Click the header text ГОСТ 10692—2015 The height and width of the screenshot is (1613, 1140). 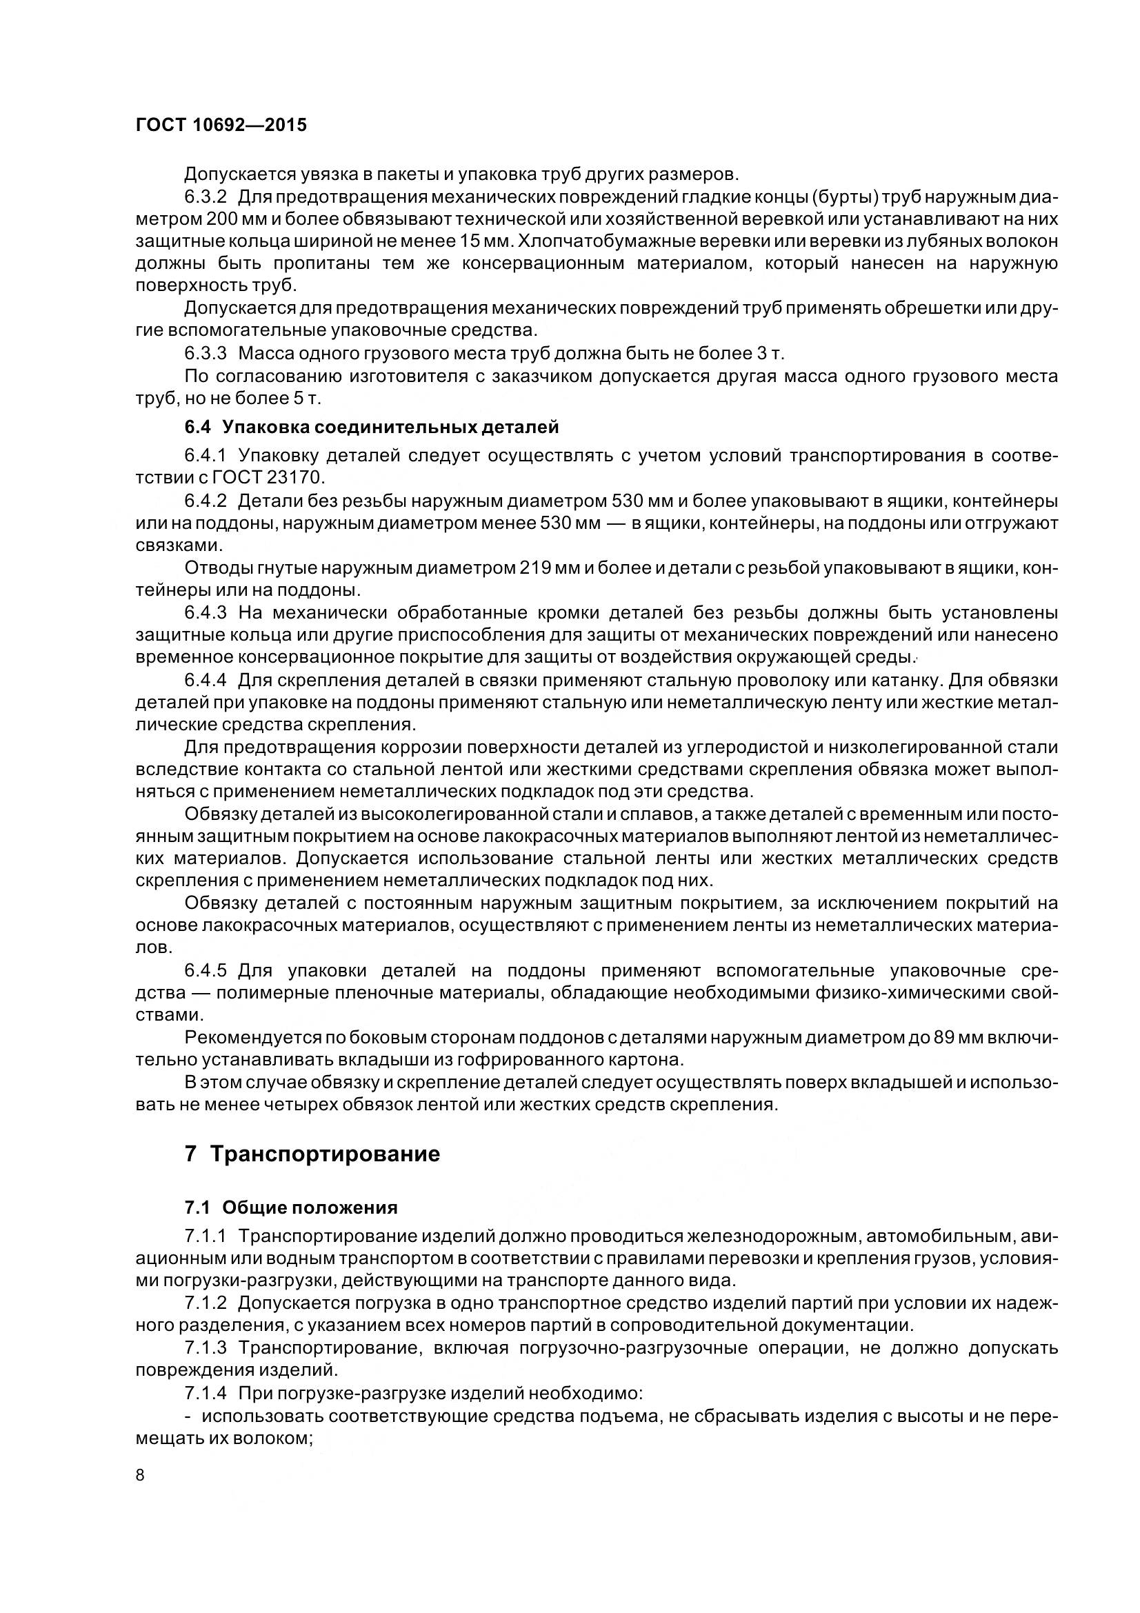click(221, 125)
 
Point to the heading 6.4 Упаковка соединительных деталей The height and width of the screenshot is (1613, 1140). click(372, 426)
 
